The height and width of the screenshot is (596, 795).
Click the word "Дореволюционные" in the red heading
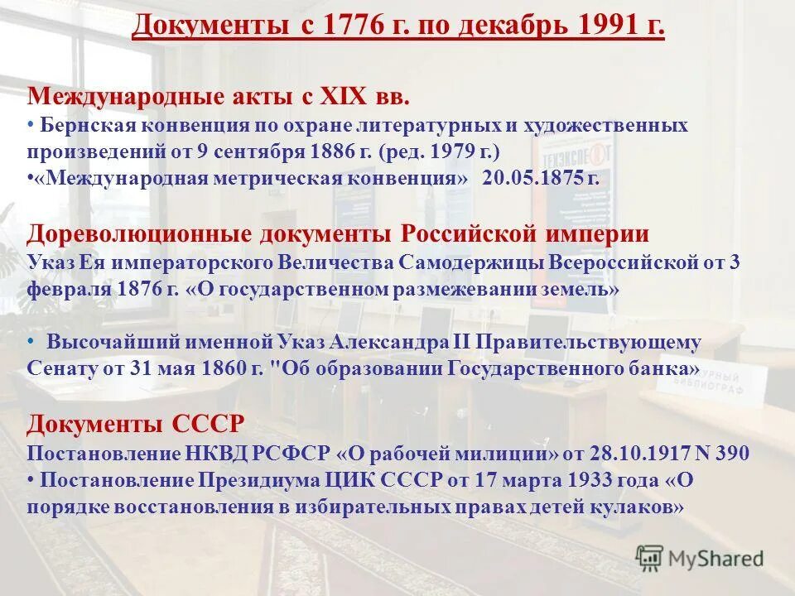113,233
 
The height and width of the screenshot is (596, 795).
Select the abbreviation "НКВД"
189,453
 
